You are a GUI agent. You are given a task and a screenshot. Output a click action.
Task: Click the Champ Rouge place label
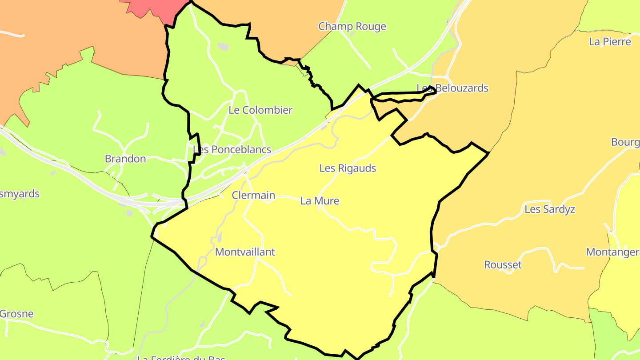point(352,26)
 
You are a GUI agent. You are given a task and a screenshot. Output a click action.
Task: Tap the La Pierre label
point(610,42)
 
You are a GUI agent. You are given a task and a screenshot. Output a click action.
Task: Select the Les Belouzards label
point(452,88)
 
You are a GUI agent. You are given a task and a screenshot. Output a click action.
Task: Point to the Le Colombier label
point(260,110)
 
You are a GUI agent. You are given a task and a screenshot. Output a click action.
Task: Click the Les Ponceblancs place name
point(232,149)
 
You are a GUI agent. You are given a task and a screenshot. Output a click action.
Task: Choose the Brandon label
point(125,159)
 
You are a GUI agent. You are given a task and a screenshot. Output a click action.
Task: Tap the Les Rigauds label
point(348,168)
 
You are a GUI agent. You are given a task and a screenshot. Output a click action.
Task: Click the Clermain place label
point(253,195)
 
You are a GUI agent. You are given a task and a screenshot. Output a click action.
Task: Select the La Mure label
point(320,201)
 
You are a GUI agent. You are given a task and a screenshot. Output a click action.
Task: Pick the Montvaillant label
point(245,252)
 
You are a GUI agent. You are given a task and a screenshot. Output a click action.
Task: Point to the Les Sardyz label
point(550,209)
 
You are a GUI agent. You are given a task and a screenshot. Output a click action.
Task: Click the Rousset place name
point(503,265)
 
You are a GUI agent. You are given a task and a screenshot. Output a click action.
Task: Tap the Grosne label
point(17,314)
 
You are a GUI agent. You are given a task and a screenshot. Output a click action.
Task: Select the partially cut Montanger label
point(613,252)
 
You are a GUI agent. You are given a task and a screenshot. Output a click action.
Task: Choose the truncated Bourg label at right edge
point(625,142)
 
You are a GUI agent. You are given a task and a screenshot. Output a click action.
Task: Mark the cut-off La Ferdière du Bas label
point(181,357)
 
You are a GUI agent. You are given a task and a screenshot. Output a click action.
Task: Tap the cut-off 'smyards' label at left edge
point(20,194)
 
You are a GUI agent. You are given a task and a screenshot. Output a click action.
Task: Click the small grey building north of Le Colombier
point(223,46)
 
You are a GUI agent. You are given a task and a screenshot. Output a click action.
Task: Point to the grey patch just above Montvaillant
point(220,238)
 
